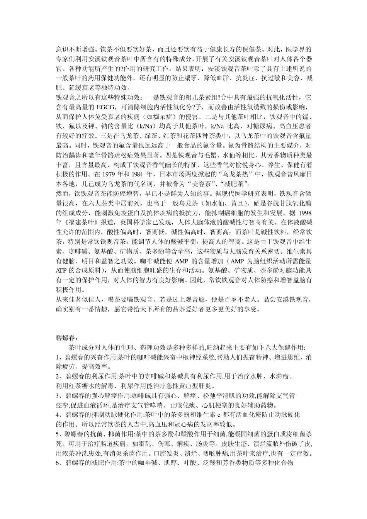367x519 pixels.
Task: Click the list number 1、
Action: [60, 356]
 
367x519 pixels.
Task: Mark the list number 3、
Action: [60, 395]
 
